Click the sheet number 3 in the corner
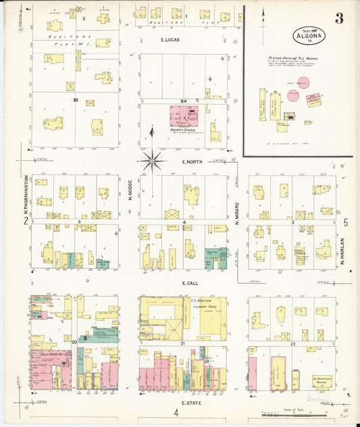pos(339,19)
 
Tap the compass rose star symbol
pos(152,161)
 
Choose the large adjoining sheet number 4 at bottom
pos(174,413)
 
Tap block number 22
pos(292,344)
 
